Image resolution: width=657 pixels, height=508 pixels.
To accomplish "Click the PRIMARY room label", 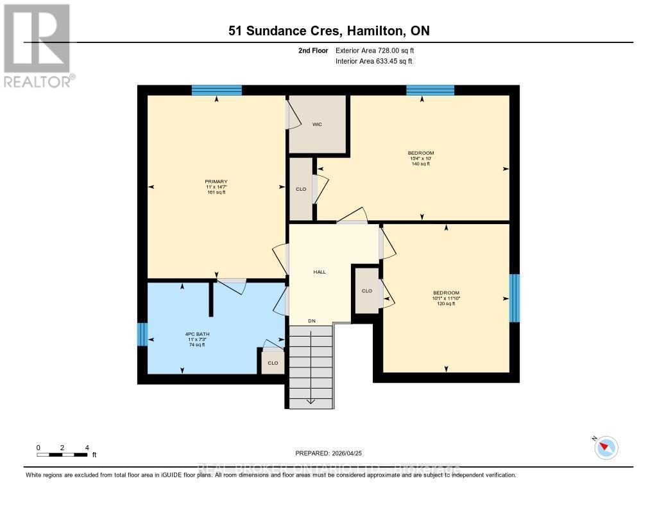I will pyautogui.click(x=216, y=182).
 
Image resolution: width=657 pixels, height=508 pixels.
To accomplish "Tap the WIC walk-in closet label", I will pyautogui.click(x=317, y=124).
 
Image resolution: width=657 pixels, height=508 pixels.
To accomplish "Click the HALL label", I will pyautogui.click(x=320, y=272).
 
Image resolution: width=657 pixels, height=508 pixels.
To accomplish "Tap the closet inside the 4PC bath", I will pyautogui.click(x=273, y=363).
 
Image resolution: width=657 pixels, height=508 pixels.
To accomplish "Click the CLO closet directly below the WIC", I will pyautogui.click(x=301, y=189).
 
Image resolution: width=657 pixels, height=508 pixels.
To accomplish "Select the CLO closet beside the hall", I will pyautogui.click(x=366, y=291).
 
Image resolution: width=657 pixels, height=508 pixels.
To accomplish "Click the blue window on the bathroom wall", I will pyautogui.click(x=142, y=334).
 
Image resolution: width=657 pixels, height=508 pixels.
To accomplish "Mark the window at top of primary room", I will pyautogui.click(x=216, y=91).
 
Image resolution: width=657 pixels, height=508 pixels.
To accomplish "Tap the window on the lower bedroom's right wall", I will pyautogui.click(x=514, y=298).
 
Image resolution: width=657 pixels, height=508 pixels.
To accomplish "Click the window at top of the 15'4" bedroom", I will pyautogui.click(x=430, y=91).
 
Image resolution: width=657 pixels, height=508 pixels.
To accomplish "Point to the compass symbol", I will pyautogui.click(x=606, y=448).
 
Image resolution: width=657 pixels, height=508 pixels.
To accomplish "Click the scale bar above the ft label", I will pyautogui.click(x=62, y=455).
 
